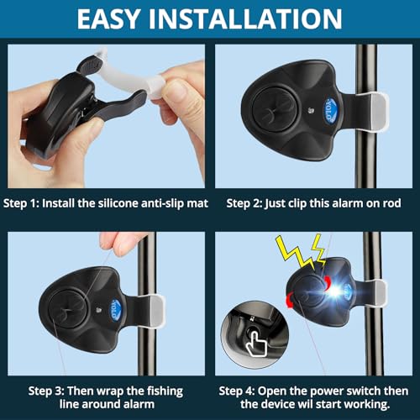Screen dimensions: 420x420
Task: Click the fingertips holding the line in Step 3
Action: (x=118, y=244)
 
